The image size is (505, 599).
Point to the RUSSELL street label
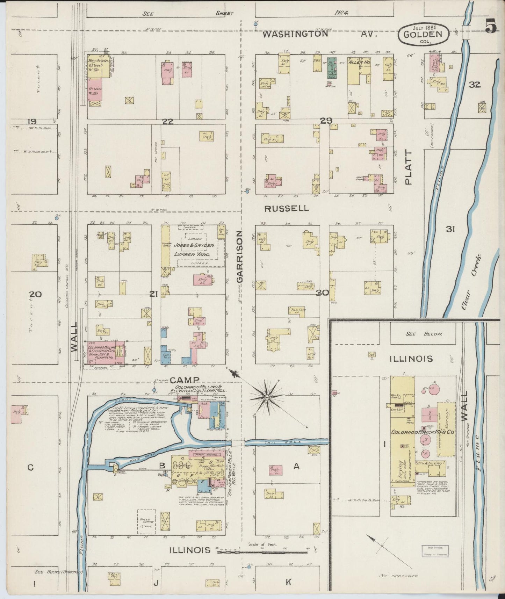click(287, 209)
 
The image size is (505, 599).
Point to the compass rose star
click(267, 397)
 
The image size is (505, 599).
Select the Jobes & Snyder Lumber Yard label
click(194, 250)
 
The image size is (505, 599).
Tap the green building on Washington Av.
click(332, 67)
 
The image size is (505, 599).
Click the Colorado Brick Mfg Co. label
click(423, 432)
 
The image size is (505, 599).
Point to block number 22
click(168, 122)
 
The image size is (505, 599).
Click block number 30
click(322, 293)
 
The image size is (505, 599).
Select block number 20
click(36, 294)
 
